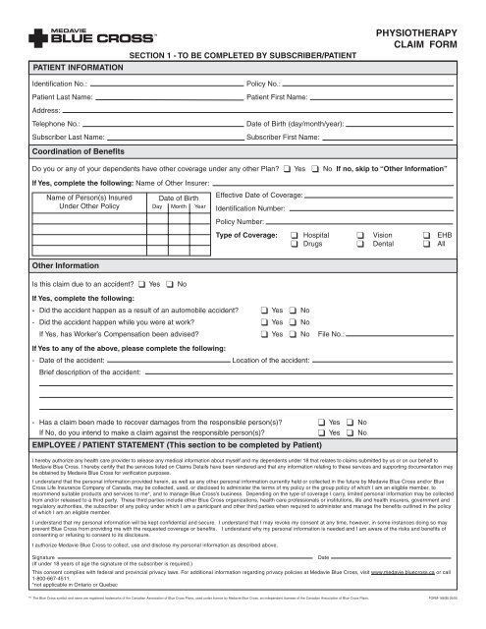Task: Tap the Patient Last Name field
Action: (162, 100)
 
